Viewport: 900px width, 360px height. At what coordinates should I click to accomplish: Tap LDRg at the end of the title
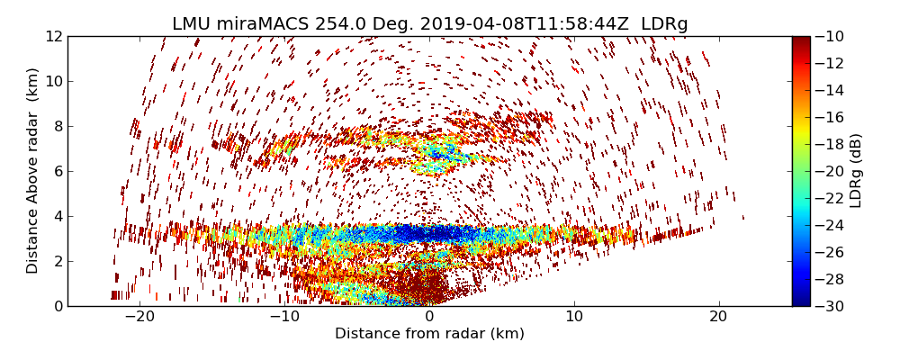[x=664, y=24]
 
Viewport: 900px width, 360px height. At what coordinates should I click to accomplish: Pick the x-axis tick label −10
[x=283, y=317]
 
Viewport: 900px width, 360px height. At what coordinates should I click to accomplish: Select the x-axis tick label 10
[x=574, y=317]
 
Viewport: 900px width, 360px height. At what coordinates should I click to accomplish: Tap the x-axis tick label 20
[x=718, y=317]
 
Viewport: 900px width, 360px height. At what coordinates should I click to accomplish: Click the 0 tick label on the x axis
[x=429, y=317]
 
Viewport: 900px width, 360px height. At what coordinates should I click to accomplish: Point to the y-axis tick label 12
[x=54, y=37]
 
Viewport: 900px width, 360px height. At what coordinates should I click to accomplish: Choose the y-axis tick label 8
[x=58, y=127]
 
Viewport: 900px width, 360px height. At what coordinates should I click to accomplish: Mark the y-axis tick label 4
[x=58, y=217]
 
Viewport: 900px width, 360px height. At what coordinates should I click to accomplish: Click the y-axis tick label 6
[x=58, y=172]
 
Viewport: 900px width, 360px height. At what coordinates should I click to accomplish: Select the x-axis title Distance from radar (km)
[x=429, y=334]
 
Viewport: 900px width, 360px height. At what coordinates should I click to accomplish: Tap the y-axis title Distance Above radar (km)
[x=33, y=171]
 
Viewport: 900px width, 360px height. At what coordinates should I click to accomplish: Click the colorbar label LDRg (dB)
[x=856, y=171]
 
